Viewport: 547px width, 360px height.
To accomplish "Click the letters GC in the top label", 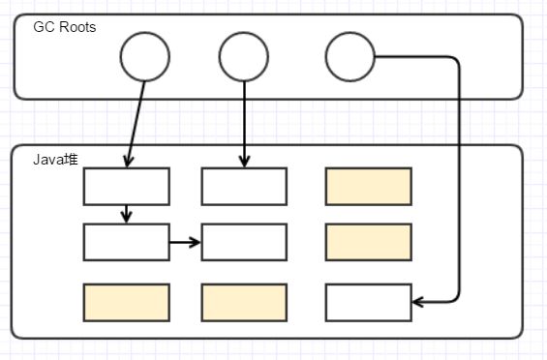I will coord(44,26).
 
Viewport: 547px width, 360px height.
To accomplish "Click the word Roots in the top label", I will coord(76,26).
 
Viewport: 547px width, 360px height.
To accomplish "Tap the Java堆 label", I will coord(55,159).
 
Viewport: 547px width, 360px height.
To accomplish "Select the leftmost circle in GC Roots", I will coord(145,57).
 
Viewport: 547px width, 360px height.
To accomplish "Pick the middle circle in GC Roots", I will coord(243,57).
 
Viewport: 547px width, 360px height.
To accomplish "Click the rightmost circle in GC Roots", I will coord(349,57).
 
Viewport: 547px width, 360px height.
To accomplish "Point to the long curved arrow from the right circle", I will coord(458,174).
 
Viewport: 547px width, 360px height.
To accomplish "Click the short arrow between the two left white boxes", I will coord(127,214).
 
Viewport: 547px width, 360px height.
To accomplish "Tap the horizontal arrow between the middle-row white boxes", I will coord(185,242).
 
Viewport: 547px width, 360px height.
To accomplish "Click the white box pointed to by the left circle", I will coord(127,187).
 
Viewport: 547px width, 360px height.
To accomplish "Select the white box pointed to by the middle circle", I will coord(244,187).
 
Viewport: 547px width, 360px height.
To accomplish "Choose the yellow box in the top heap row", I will coord(368,187).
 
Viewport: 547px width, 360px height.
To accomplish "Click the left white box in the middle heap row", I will coord(127,242).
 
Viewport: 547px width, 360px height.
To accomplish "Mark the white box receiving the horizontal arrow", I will coord(244,242).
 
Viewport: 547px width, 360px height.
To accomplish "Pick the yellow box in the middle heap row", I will coord(368,242).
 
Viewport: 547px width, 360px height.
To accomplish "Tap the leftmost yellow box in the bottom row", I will coord(127,302).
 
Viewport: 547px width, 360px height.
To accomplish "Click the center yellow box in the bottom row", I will coord(244,302).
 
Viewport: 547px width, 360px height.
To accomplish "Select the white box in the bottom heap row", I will coord(368,302).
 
